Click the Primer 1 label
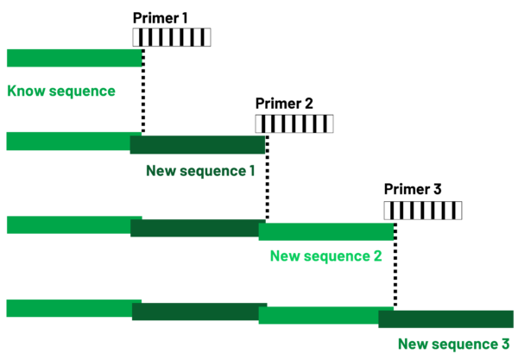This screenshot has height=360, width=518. click(161, 18)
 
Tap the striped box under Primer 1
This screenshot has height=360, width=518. click(172, 37)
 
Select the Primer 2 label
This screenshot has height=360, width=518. click(284, 104)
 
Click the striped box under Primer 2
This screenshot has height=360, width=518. click(294, 123)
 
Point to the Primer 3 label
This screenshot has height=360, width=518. click(413, 189)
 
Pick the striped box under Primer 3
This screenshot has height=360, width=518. click(423, 211)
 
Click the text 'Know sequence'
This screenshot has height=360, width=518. click(61, 92)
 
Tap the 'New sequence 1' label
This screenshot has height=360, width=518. click(200, 171)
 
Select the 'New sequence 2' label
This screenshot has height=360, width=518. click(326, 256)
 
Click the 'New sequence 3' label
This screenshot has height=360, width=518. click(454, 344)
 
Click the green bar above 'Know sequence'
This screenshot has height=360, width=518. click(74, 58)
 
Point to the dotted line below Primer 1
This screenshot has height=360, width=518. click(143, 92)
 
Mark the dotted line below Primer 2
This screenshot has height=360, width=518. click(268, 177)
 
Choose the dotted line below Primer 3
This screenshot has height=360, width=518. click(395, 265)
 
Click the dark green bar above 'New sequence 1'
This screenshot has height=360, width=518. click(198, 145)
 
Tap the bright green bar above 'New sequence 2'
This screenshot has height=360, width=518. click(326, 231)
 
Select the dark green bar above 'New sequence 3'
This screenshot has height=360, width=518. click(446, 319)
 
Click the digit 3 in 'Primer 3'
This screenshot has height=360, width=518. click(438, 189)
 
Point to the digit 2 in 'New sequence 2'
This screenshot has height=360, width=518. click(377, 256)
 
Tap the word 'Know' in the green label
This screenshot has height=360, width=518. click(26, 91)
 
